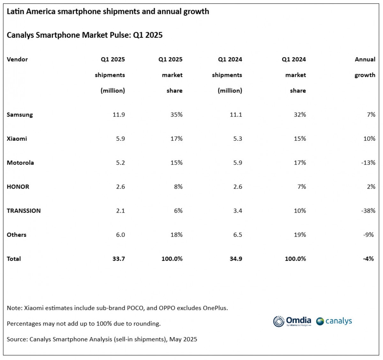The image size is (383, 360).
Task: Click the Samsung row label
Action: [x=20, y=115]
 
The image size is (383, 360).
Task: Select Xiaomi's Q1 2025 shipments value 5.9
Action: [x=120, y=139]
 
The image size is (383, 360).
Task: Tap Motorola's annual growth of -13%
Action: [x=368, y=163]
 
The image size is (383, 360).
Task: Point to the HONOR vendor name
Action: [x=18, y=187]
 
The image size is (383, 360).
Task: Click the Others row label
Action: [x=17, y=235]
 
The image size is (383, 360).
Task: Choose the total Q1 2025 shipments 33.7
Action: [x=118, y=259]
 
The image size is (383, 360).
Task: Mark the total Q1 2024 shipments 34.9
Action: [x=236, y=259]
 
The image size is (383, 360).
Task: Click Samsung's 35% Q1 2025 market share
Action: [x=176, y=115]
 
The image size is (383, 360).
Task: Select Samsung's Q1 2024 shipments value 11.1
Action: [x=236, y=115]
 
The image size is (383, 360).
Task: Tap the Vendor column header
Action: [x=17, y=59]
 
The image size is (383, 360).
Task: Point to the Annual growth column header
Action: [x=365, y=67]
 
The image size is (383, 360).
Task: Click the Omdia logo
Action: [x=292, y=321]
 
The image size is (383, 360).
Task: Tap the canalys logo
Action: [x=334, y=321]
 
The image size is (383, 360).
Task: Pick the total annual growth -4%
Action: [x=368, y=259]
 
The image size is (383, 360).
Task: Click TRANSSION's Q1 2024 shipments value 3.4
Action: [x=237, y=211]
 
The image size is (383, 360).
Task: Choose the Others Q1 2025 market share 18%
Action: [x=176, y=235]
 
